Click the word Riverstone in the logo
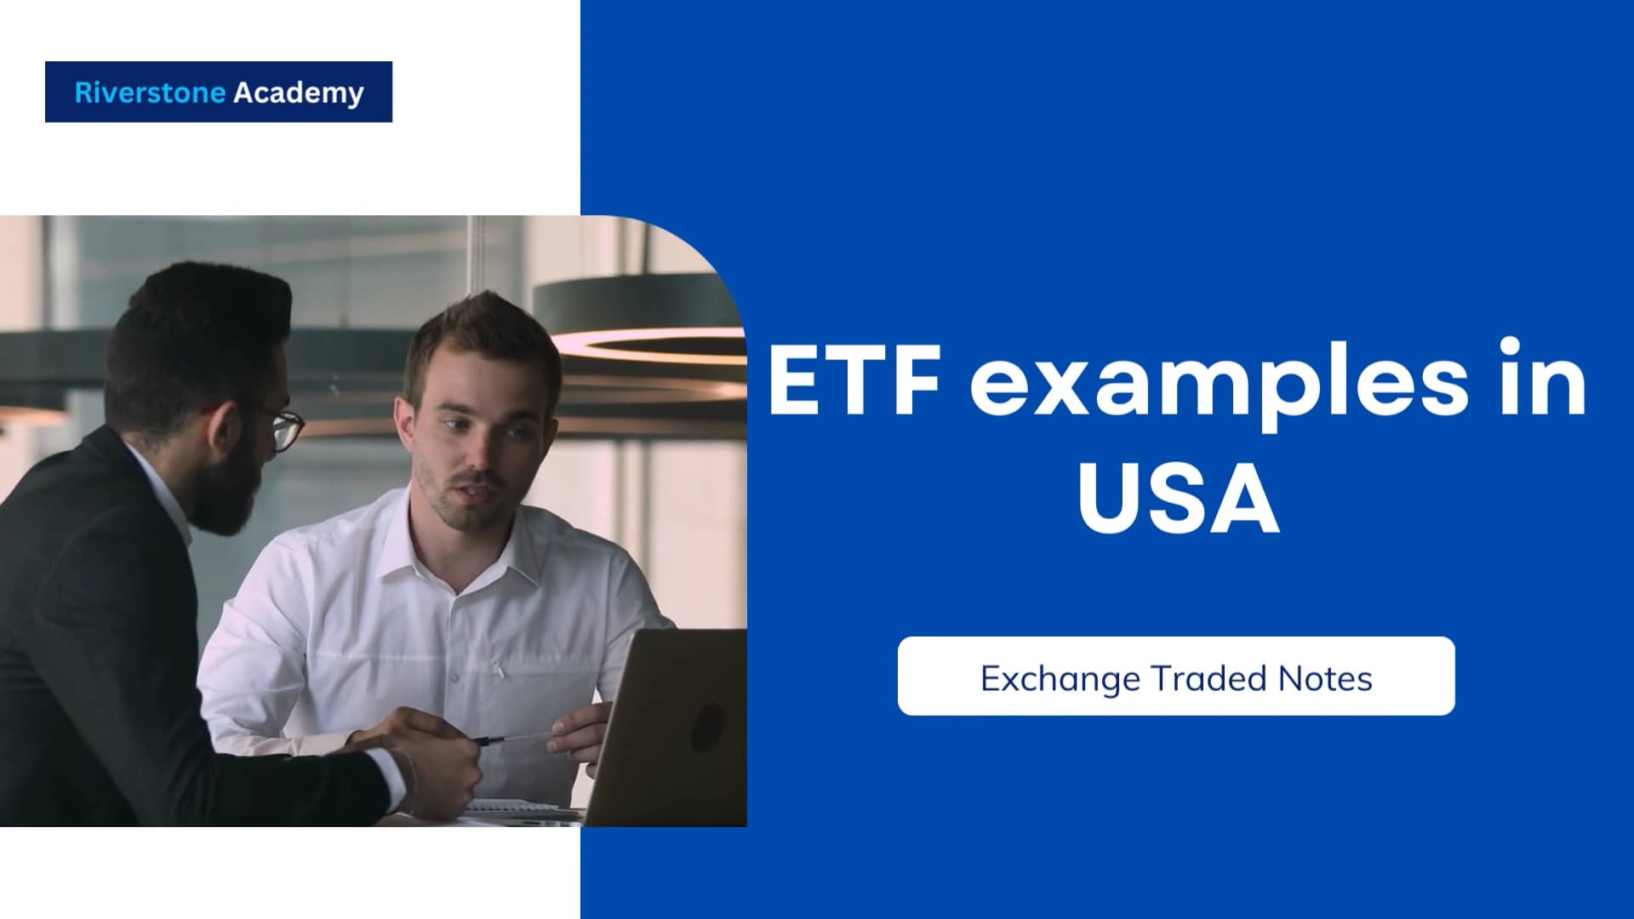pos(151,92)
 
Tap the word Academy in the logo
pos(298,93)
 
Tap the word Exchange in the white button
pos(1060,678)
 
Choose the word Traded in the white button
pos(1197,678)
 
